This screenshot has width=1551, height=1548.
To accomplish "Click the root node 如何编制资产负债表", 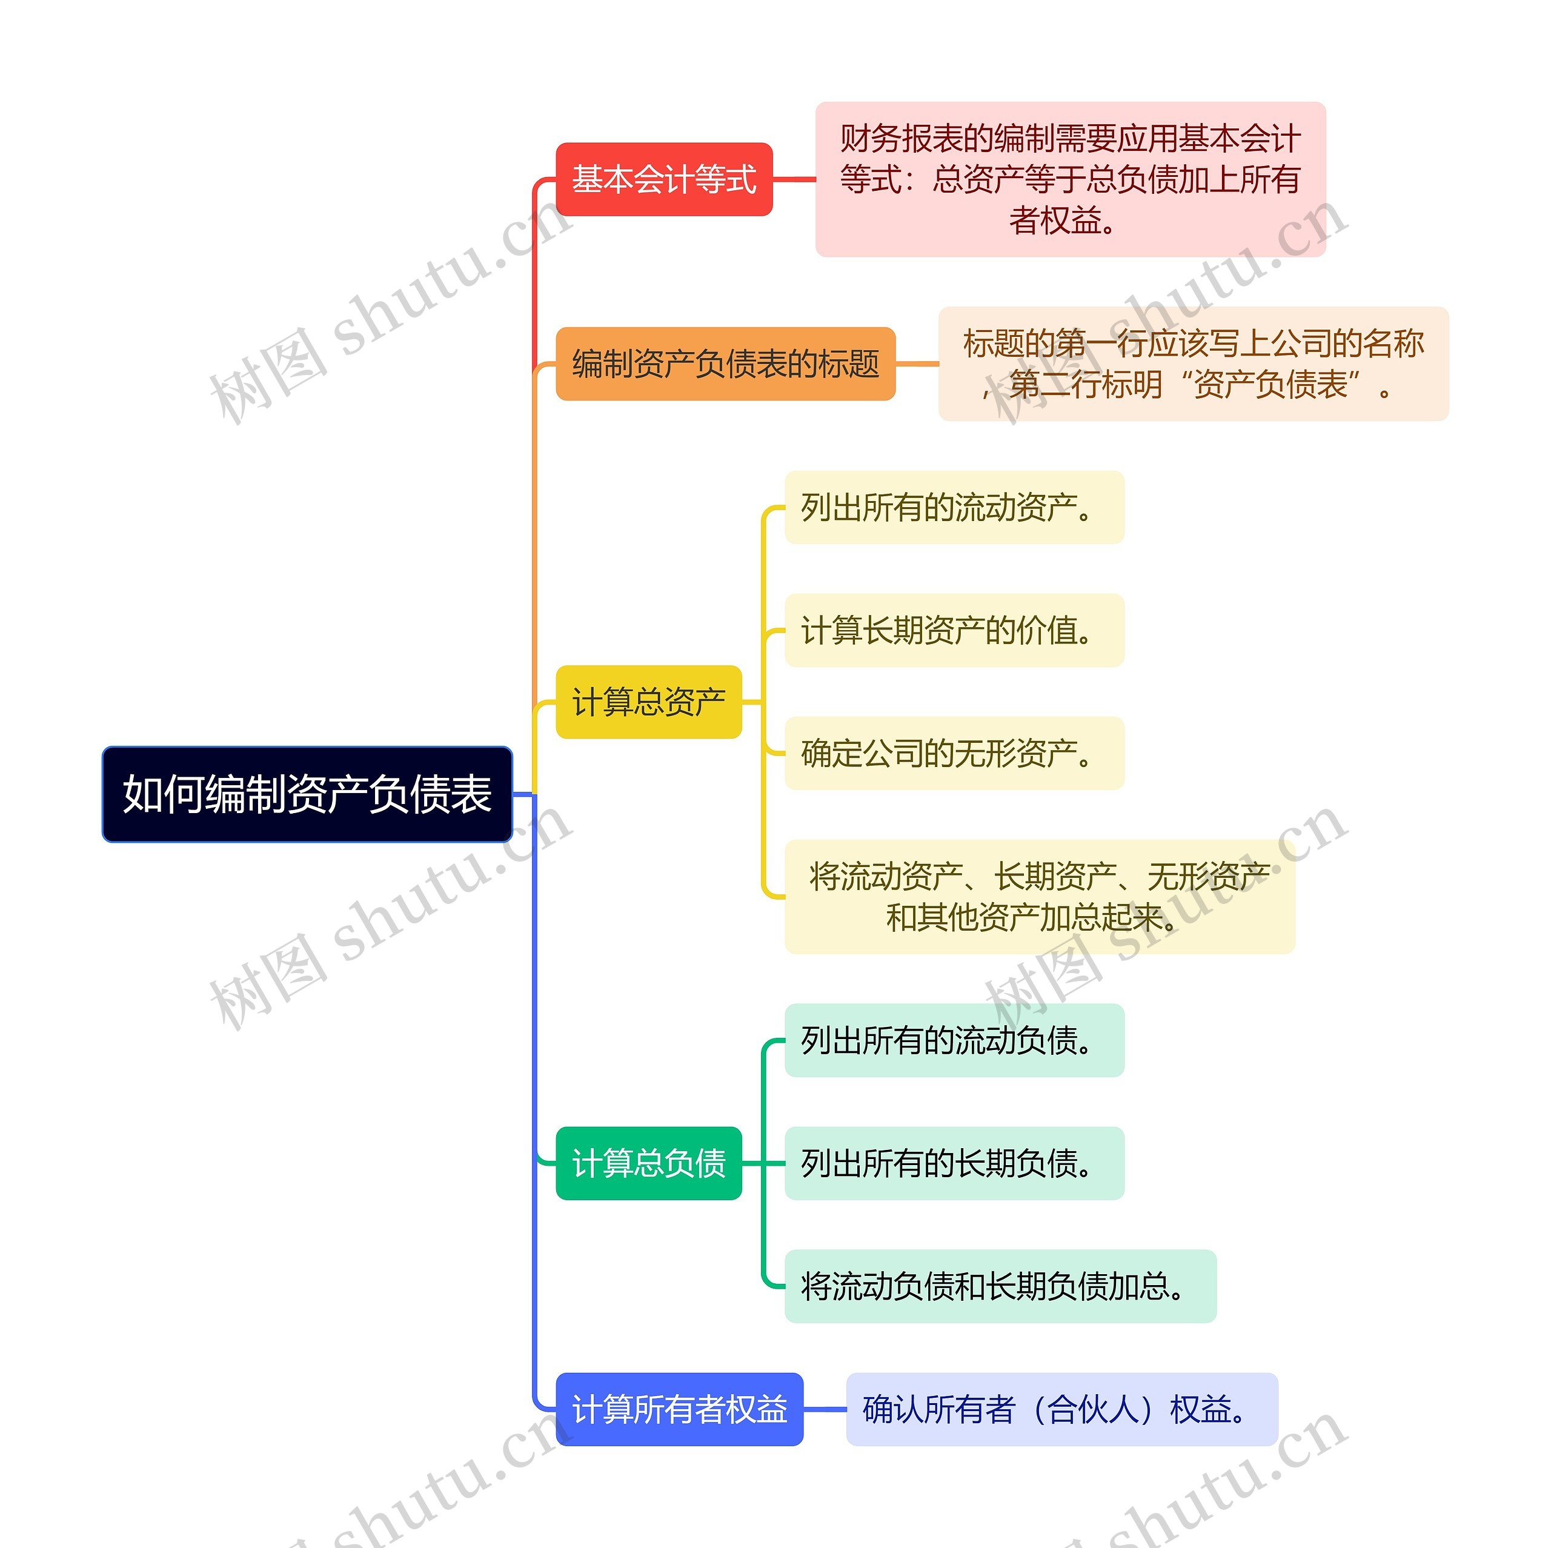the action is [x=307, y=794].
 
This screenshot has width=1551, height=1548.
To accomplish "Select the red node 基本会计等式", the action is [x=664, y=179].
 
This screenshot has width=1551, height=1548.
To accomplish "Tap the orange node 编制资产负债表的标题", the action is [x=725, y=364].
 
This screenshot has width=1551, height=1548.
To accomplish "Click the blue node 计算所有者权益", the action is [x=679, y=1409].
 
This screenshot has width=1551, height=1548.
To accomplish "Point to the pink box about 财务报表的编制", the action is [x=1069, y=179].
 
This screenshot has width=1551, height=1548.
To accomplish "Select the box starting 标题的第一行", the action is [x=1193, y=364].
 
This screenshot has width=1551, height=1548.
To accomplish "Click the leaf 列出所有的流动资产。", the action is [x=954, y=508].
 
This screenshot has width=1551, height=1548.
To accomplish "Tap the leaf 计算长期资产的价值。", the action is [x=954, y=630].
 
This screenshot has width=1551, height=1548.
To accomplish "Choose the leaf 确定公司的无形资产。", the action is [x=954, y=753].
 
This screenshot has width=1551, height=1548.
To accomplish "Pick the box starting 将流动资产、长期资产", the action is [x=1039, y=897].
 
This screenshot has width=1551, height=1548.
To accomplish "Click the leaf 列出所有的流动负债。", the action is [x=954, y=1040].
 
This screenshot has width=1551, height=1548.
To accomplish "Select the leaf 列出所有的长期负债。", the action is [x=954, y=1163].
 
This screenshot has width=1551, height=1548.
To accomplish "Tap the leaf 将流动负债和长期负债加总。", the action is [x=1000, y=1286].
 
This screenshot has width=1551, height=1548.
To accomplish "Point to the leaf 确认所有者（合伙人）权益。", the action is [x=1061, y=1409].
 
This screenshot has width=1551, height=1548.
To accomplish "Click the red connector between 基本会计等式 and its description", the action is [x=794, y=179].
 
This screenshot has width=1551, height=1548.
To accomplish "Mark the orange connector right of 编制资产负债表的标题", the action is [x=917, y=364].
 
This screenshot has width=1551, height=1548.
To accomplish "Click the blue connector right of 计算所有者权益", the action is [x=825, y=1409].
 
